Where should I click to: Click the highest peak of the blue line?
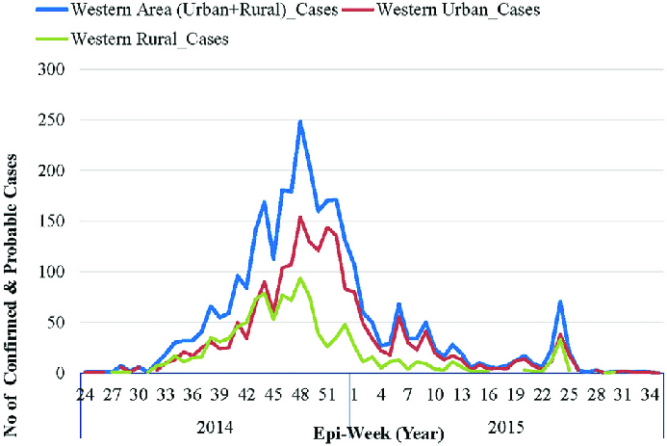tap(300, 122)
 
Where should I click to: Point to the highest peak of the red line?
tap(300, 218)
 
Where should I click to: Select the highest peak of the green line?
tap(300, 278)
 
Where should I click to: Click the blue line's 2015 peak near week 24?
tap(559, 302)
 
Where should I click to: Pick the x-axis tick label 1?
tap(354, 395)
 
